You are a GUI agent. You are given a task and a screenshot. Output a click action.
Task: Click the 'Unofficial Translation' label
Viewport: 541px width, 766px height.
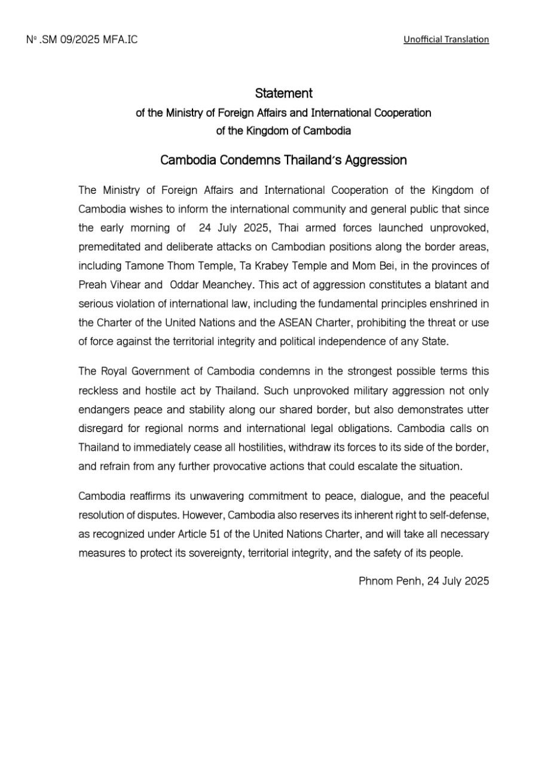[446, 39]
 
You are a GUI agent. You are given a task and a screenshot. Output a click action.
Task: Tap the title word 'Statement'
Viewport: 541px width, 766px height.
[283, 93]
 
